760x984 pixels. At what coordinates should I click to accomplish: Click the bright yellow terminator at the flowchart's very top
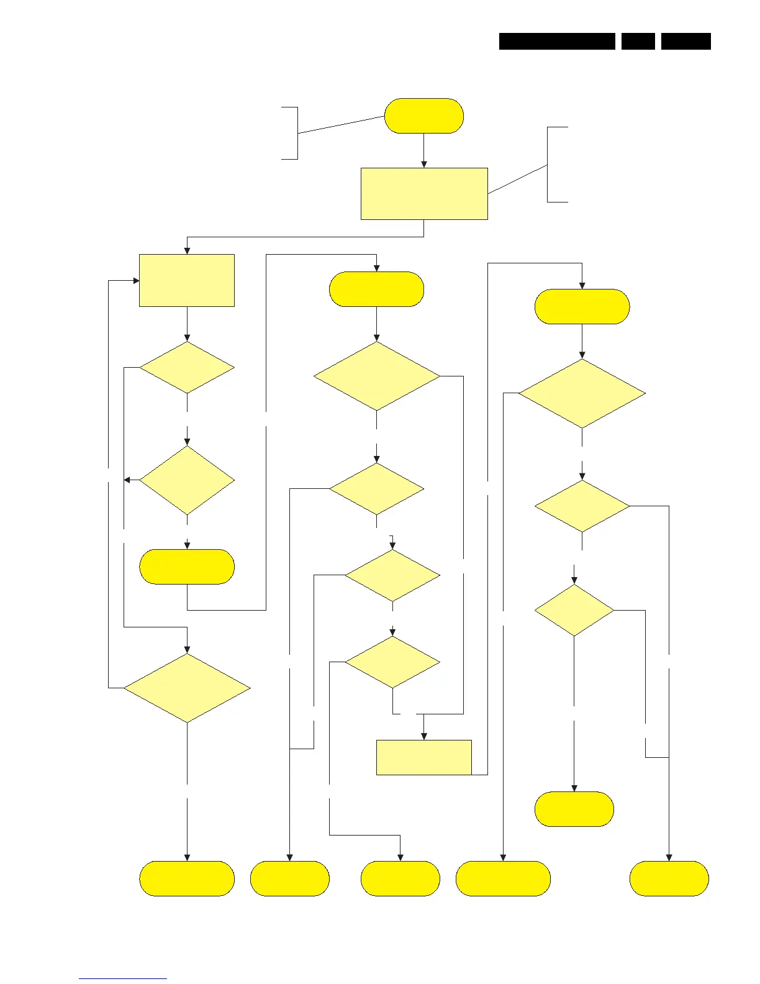tap(424, 116)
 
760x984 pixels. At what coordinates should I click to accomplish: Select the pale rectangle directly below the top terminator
tap(424, 193)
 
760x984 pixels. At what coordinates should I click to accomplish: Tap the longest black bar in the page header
tap(557, 41)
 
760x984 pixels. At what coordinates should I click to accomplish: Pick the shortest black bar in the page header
tap(638, 41)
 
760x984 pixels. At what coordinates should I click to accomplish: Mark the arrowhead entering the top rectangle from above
tap(424, 164)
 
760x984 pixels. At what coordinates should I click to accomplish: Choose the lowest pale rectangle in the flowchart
tap(424, 757)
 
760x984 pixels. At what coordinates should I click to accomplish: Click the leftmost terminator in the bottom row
tap(187, 878)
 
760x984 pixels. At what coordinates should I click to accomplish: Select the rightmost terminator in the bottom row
tap(669, 878)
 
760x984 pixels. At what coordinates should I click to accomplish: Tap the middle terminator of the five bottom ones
tap(400, 878)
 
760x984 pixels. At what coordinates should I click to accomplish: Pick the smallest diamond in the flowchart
tap(574, 610)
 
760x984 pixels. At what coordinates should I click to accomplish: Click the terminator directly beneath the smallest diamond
tap(574, 809)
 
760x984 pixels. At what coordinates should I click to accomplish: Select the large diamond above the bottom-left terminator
tap(187, 688)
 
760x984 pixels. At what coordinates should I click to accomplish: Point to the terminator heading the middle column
tap(376, 289)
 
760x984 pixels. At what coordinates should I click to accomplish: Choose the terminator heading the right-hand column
tap(582, 306)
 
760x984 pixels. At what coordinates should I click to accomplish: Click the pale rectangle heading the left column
tap(187, 280)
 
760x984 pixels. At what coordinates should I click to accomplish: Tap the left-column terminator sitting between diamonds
tap(187, 567)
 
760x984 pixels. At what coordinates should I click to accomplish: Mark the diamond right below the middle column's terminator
tap(376, 376)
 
